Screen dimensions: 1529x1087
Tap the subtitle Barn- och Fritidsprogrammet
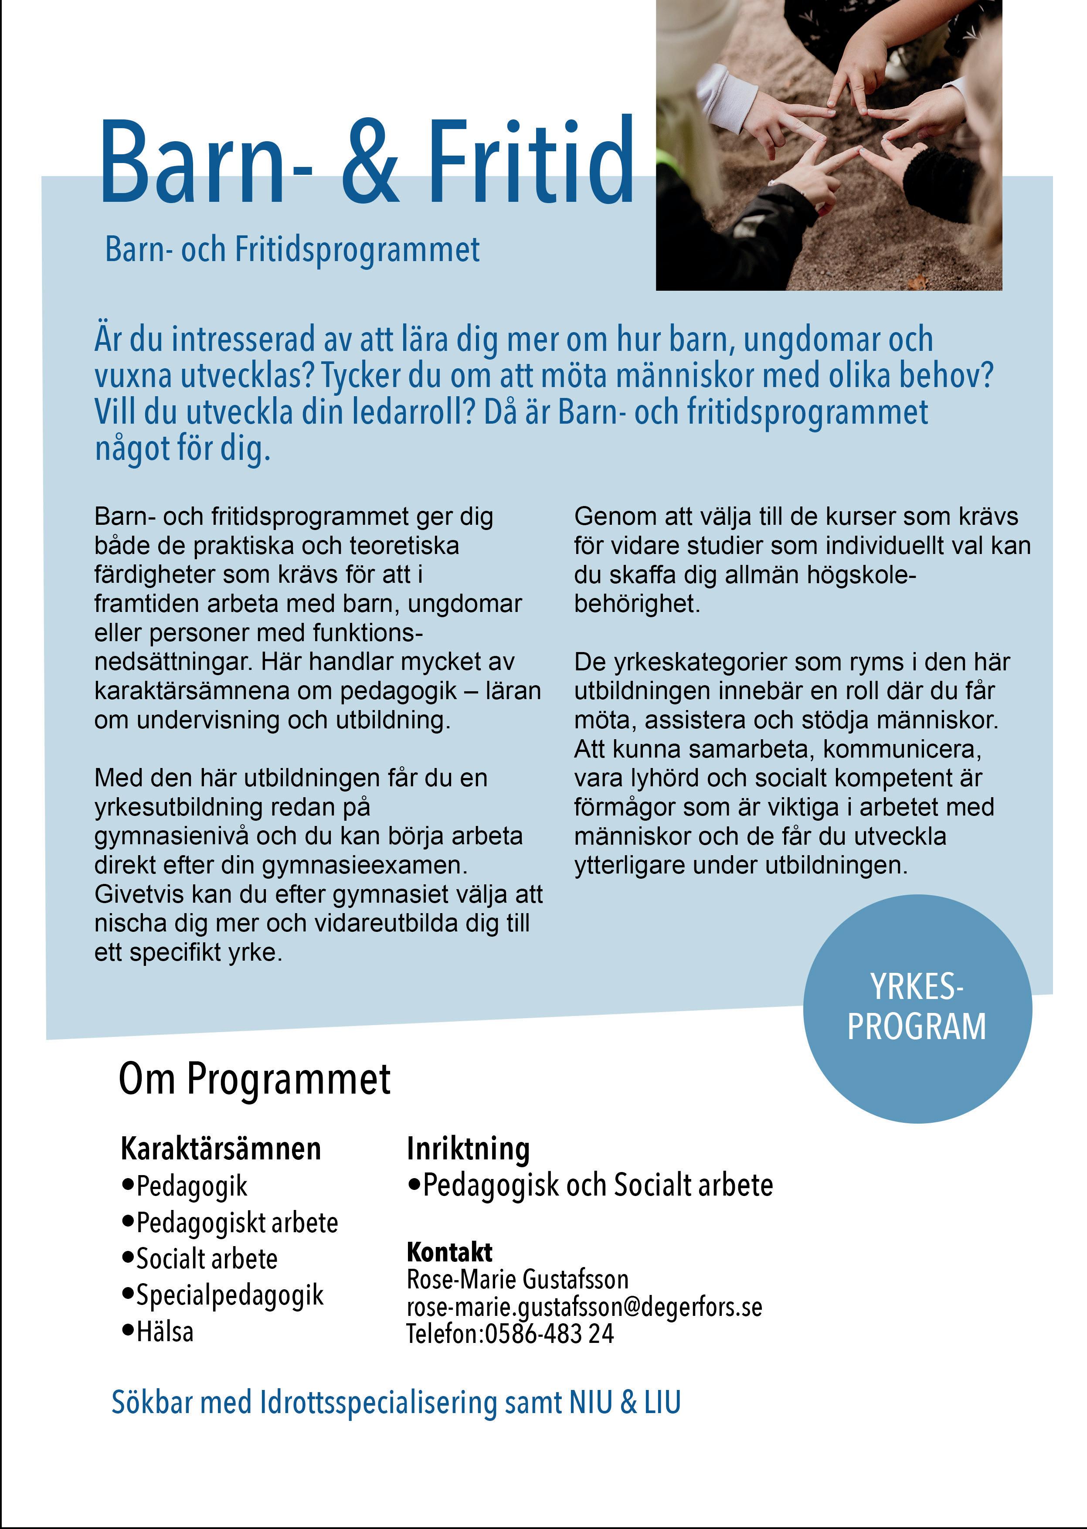click(x=292, y=250)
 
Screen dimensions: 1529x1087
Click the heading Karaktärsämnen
click(x=221, y=1149)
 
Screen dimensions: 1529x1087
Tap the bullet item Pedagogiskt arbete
click(x=237, y=1223)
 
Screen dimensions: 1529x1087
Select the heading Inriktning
click(x=469, y=1149)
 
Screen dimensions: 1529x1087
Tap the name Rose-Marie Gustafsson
click(x=517, y=1279)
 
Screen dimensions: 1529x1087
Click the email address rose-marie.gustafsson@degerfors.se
click(x=584, y=1307)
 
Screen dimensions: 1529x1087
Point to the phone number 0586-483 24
click(x=549, y=1334)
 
